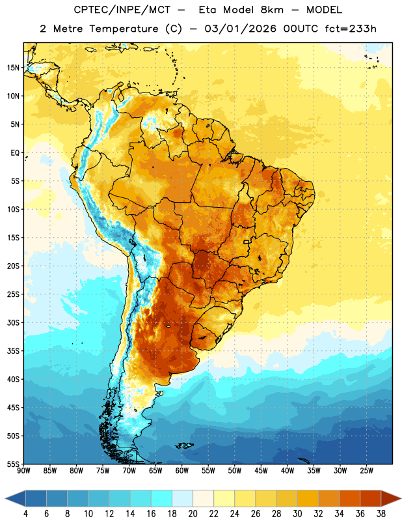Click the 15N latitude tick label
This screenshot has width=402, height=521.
tap(13, 68)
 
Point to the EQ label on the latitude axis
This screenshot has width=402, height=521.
tap(15, 153)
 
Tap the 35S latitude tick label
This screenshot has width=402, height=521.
tap(13, 351)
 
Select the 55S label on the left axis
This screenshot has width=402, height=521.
tap(13, 464)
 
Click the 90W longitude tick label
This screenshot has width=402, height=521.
tap(23, 471)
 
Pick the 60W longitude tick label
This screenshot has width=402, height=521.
tap(182, 471)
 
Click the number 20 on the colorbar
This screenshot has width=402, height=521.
tap(193, 514)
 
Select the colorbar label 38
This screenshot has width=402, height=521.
tap(381, 514)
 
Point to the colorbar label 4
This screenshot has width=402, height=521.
tap(25, 514)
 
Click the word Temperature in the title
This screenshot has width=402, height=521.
tap(124, 29)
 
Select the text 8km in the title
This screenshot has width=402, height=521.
tap(272, 10)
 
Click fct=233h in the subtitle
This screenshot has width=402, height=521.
tap(351, 29)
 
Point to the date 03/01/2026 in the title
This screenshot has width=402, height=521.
tap(240, 29)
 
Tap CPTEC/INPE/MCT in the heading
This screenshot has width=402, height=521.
tap(122, 10)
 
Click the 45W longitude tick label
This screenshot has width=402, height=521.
tap(261, 471)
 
